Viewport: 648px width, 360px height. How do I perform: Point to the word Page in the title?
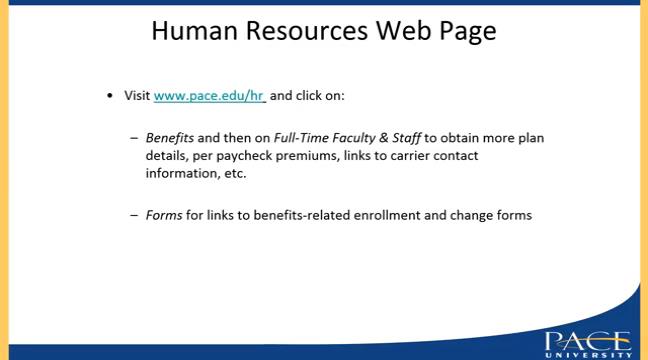tap(466, 32)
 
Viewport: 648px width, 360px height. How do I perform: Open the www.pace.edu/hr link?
tap(209, 96)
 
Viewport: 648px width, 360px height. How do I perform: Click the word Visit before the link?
tap(137, 96)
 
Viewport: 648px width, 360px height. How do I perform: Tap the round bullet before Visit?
tap(111, 96)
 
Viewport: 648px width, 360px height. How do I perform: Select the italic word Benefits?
tap(169, 137)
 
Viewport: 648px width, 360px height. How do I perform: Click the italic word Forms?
tap(164, 214)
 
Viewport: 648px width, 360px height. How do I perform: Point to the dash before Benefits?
tap(134, 138)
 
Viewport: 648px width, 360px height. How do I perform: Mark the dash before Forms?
tap(134, 215)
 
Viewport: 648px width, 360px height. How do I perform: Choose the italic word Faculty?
tap(353, 137)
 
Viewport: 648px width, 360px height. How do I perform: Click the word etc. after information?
tap(235, 173)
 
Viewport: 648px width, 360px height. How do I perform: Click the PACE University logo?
tap(587, 343)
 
